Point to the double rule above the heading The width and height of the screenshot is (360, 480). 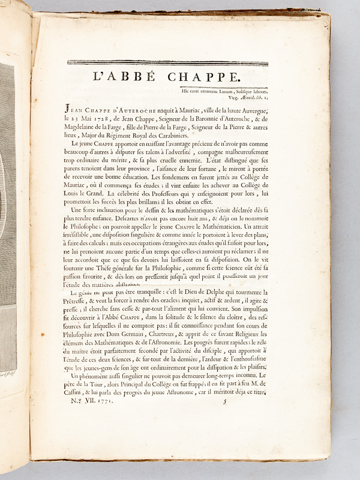point(167,62)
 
